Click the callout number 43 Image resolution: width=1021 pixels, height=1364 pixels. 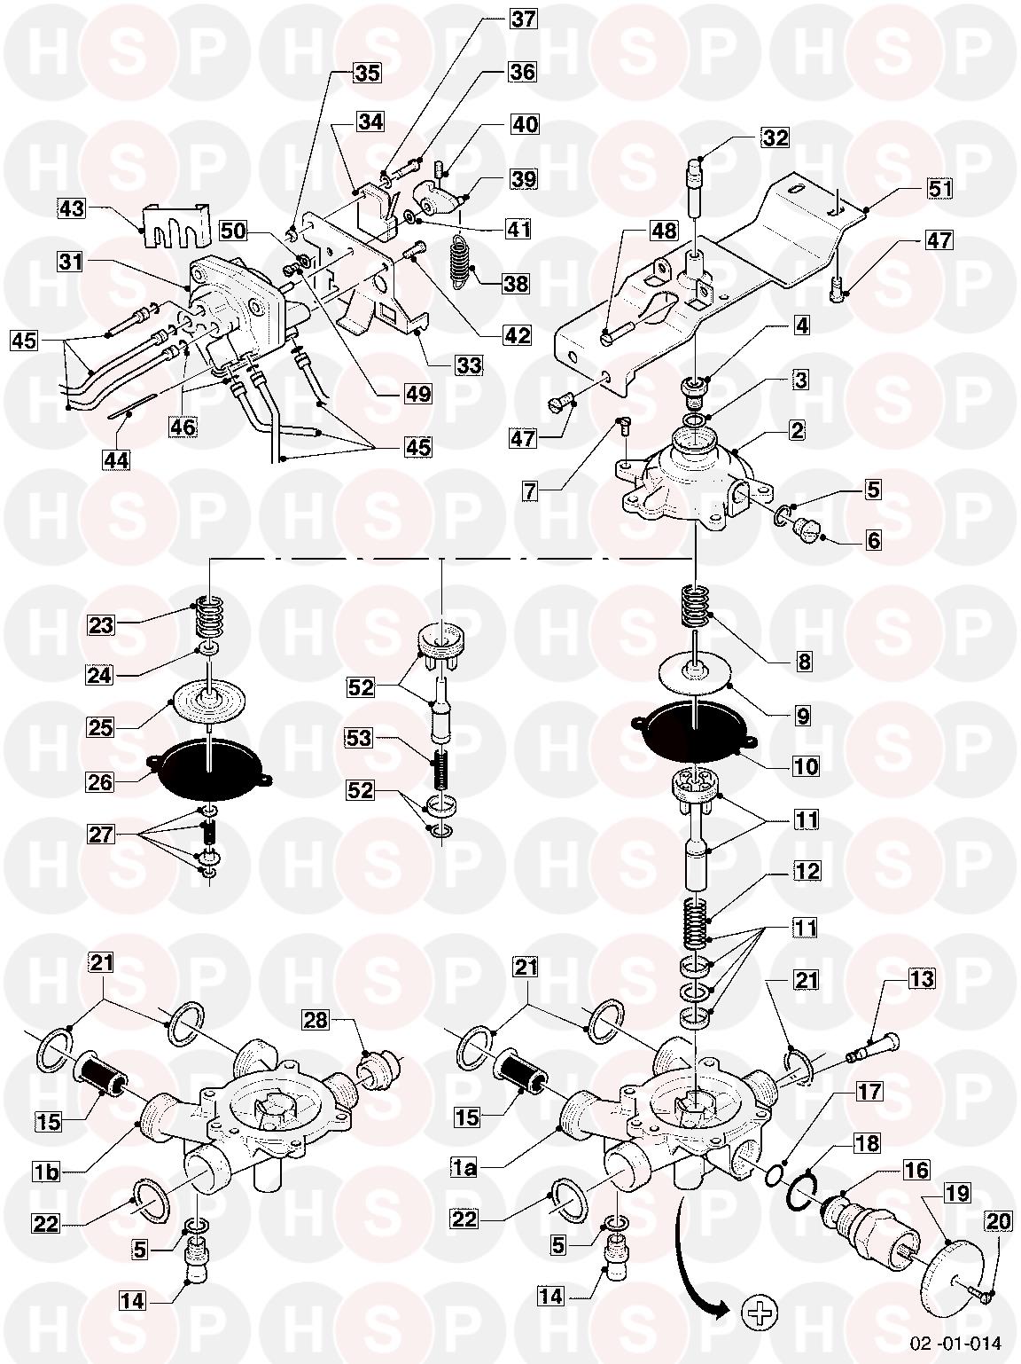click(x=72, y=208)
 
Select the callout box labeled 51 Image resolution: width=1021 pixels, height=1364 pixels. click(x=939, y=188)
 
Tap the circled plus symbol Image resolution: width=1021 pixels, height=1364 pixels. click(x=759, y=1313)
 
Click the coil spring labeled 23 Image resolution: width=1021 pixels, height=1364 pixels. click(x=210, y=617)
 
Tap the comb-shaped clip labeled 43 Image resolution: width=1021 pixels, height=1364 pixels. click(x=175, y=223)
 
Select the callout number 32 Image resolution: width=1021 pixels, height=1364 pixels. click(x=775, y=137)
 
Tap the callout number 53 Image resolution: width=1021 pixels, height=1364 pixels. click(x=360, y=738)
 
